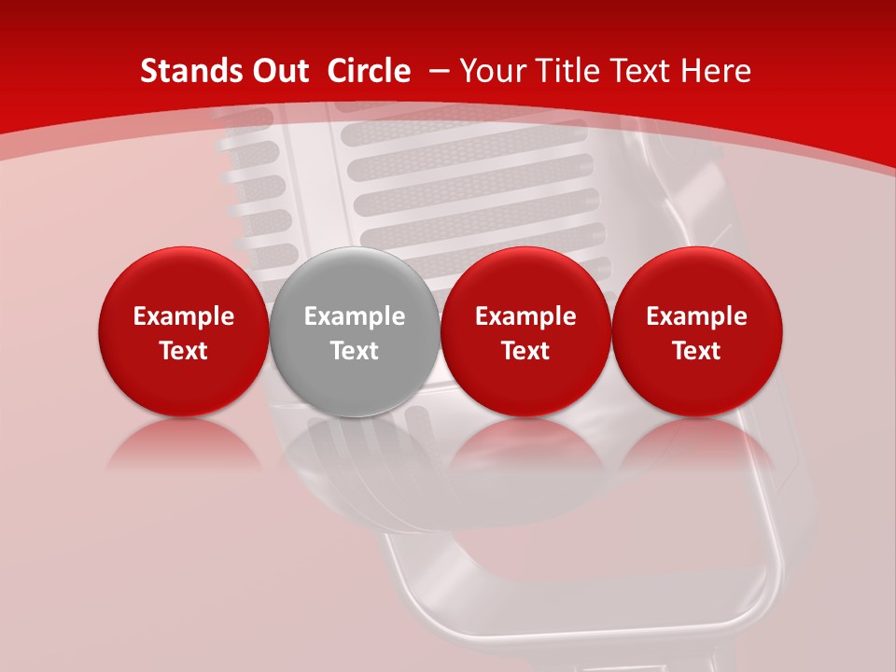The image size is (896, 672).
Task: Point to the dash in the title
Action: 438,72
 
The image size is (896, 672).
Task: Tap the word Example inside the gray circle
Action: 355,316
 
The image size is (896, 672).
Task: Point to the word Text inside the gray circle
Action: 355,351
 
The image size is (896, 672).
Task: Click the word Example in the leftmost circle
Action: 184,316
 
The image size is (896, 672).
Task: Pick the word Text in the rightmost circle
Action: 697,351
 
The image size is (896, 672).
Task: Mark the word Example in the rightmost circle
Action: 697,316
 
